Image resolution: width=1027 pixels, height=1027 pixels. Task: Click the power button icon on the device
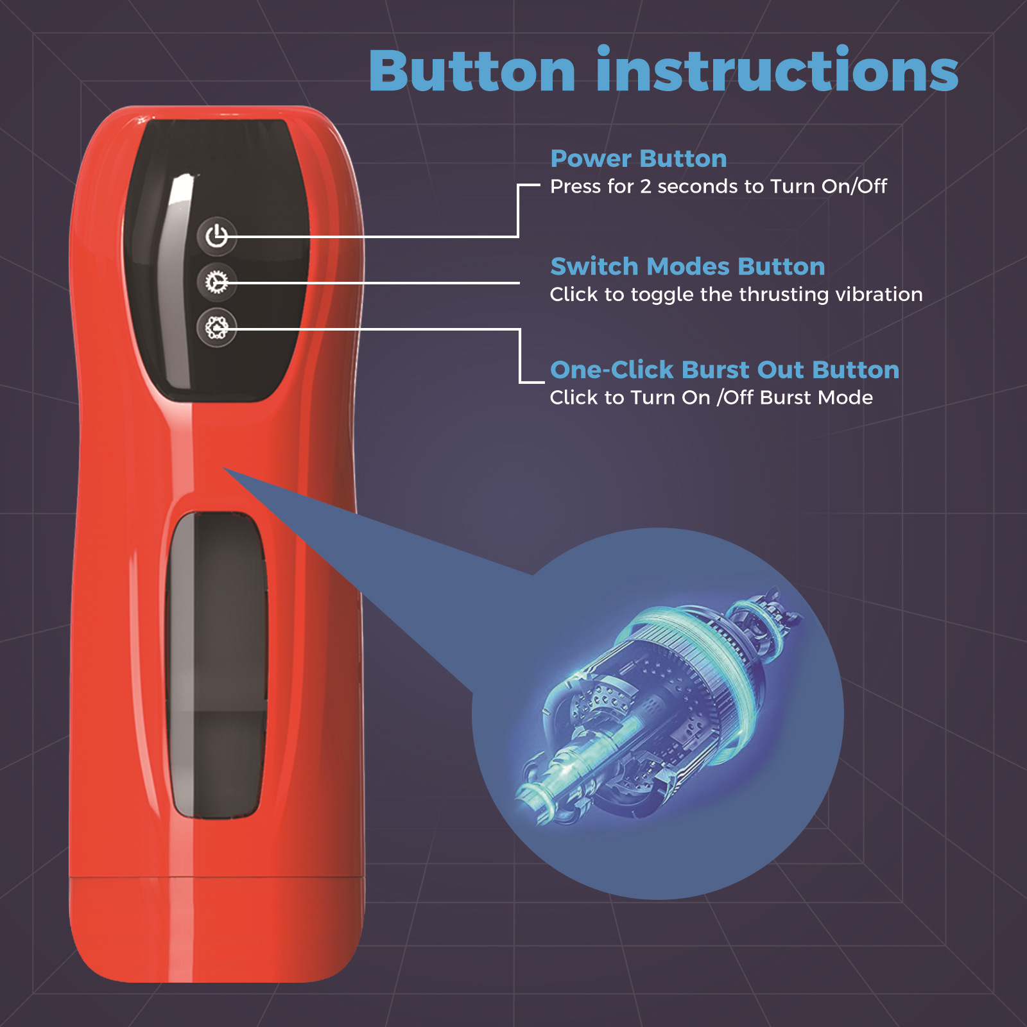[217, 236]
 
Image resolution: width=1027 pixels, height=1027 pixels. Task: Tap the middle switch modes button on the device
[217, 282]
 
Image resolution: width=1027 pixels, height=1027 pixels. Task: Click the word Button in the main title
[472, 71]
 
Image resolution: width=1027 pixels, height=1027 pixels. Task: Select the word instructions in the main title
[777, 71]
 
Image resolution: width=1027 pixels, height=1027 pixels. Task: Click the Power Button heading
[638, 159]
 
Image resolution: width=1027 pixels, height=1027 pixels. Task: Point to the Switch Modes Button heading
[687, 266]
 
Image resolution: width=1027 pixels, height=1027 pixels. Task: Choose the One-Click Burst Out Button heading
[725, 370]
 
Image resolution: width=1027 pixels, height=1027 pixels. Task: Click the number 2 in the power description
[645, 187]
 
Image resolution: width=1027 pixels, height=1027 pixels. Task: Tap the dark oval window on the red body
[217, 664]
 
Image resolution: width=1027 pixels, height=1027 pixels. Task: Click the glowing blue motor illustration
[661, 706]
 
